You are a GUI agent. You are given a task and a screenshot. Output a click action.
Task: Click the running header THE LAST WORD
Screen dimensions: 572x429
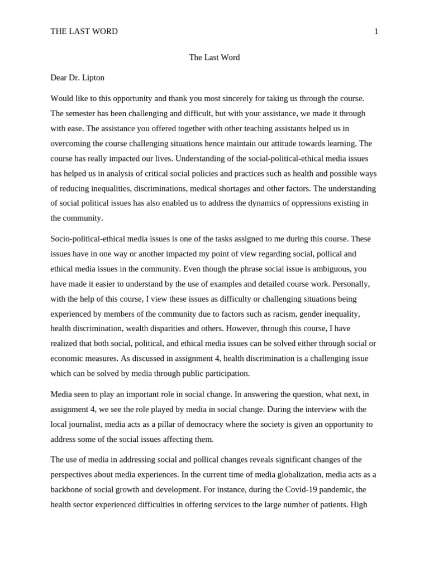click(84, 31)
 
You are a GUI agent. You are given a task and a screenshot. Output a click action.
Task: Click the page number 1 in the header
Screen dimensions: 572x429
click(376, 31)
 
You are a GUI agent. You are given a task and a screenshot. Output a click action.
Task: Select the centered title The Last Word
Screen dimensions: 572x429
click(214, 58)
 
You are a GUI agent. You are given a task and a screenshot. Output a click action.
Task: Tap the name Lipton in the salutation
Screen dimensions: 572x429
click(92, 78)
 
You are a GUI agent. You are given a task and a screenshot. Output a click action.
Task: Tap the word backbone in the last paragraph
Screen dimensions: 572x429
click(68, 489)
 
